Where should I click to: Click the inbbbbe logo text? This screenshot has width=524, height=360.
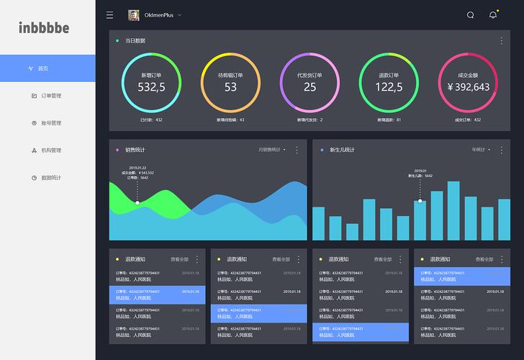tap(44, 28)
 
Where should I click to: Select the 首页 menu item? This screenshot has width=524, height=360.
tap(42, 68)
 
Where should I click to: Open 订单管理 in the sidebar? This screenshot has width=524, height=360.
tap(51, 96)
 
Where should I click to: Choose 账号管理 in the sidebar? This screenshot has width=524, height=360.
tap(51, 123)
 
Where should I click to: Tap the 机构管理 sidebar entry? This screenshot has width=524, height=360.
tap(51, 150)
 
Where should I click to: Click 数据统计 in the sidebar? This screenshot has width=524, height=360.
tap(51, 178)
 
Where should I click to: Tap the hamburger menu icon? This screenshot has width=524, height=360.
tap(109, 15)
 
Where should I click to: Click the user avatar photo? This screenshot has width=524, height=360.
tap(133, 15)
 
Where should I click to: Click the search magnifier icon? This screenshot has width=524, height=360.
tap(470, 15)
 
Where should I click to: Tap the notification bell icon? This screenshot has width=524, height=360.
tap(493, 15)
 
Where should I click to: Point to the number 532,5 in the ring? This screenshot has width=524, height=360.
tap(151, 87)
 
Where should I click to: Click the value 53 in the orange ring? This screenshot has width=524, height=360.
tap(230, 87)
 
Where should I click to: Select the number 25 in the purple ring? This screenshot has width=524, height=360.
tap(310, 87)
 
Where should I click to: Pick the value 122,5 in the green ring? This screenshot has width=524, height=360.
tap(389, 87)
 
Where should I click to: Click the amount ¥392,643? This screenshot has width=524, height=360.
tap(468, 87)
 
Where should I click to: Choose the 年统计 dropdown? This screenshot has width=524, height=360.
tap(481, 150)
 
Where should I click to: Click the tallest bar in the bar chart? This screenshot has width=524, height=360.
tap(453, 210)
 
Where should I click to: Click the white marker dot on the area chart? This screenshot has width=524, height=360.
tap(137, 203)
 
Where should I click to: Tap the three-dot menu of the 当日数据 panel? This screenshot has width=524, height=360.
tap(502, 41)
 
